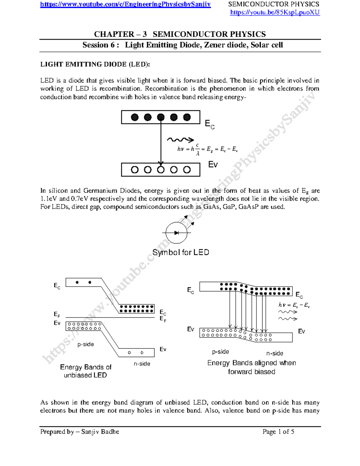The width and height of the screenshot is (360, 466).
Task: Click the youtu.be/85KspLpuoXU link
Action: [275, 13]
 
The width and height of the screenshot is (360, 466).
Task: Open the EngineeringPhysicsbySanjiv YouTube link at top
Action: [125, 4]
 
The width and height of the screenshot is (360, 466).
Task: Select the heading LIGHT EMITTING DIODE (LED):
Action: [95, 64]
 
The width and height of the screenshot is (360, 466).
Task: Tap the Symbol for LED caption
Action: [181, 252]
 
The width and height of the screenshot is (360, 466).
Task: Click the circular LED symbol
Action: [176, 233]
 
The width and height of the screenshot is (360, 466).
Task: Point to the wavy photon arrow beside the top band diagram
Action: [180, 140]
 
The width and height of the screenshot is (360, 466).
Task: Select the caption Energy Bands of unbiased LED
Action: [85, 371]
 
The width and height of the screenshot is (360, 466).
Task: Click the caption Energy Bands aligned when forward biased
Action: [251, 367]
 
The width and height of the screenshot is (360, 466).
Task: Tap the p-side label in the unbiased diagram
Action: [85, 344]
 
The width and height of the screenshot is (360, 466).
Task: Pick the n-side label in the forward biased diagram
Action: [274, 353]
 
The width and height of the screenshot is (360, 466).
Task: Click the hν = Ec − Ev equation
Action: [294, 305]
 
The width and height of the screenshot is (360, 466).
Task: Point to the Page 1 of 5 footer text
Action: [278, 432]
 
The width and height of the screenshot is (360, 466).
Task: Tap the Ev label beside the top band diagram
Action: [213, 164]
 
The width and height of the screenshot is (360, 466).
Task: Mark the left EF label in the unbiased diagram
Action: [57, 314]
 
